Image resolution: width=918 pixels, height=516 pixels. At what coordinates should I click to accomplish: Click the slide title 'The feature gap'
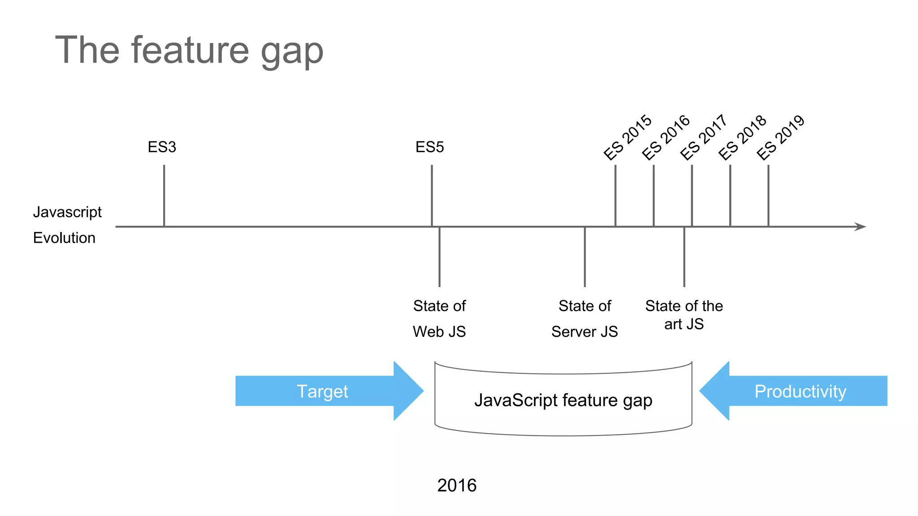tap(189, 51)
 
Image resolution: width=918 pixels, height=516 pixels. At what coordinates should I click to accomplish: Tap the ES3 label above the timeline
tap(162, 147)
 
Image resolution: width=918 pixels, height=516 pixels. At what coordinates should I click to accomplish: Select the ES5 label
tap(429, 147)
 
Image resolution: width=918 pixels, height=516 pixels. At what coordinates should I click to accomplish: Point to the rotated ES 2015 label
tap(628, 137)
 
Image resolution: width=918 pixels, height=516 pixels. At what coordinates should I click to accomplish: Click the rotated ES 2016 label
tap(666, 137)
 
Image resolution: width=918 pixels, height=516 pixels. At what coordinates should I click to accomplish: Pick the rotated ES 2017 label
tap(703, 137)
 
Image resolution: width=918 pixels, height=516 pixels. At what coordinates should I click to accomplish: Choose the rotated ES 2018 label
tap(742, 137)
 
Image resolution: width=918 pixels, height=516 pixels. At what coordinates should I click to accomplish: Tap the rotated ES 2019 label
tap(780, 137)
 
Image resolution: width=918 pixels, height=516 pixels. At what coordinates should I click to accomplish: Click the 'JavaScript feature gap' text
tap(563, 400)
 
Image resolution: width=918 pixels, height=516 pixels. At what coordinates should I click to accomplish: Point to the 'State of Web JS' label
tap(439, 318)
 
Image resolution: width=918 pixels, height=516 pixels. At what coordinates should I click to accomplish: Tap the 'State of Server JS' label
tap(585, 318)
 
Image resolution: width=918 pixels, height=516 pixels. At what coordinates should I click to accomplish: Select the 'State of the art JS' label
tap(684, 314)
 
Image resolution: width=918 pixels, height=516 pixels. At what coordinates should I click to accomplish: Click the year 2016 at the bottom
tap(457, 485)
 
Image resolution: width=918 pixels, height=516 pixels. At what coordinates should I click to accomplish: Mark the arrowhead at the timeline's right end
tap(861, 227)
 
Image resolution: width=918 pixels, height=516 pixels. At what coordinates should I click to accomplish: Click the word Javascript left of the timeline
tap(67, 212)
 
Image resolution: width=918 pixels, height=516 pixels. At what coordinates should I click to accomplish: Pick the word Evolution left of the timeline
tap(64, 238)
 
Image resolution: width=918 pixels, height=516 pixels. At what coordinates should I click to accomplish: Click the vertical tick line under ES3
tap(164, 195)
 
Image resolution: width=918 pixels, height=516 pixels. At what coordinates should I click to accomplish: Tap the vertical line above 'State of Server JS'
tap(585, 257)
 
